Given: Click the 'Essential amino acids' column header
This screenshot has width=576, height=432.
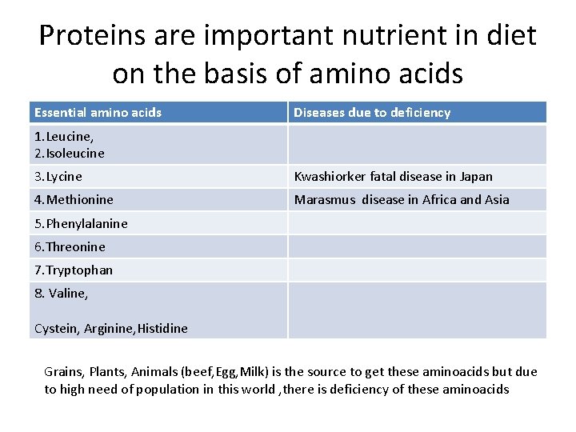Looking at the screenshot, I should coord(98,113).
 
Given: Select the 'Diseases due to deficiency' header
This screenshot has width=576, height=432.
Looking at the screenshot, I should coord(372,113).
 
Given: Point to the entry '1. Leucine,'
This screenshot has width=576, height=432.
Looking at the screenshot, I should coord(64,137).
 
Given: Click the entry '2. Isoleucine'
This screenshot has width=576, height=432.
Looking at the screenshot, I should coord(70,153).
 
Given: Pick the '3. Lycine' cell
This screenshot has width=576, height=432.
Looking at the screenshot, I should coord(58,176).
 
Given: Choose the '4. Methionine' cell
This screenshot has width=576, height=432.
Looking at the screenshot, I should coord(74,200).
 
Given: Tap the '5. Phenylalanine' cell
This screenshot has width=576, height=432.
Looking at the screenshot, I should coord(81,223).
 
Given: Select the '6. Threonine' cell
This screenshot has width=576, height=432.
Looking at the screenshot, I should coord(70,246).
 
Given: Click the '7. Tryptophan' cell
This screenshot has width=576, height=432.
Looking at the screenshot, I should coord(74,270).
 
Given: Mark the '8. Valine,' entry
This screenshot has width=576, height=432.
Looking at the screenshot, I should coord(62,294).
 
